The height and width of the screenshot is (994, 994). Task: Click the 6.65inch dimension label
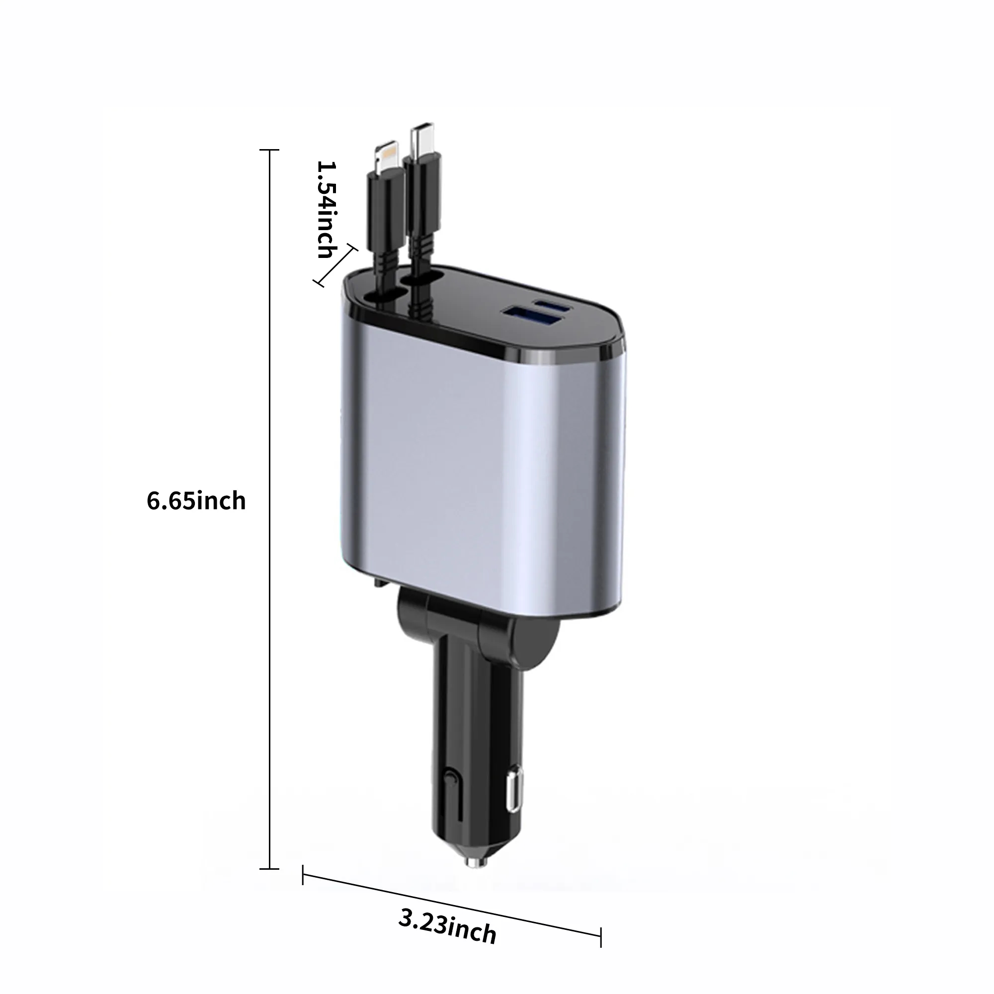point(196,500)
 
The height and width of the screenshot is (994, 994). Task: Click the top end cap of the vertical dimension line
point(269,150)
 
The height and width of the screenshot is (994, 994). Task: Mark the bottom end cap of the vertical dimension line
point(269,868)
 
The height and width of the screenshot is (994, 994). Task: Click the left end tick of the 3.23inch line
point(303,875)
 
